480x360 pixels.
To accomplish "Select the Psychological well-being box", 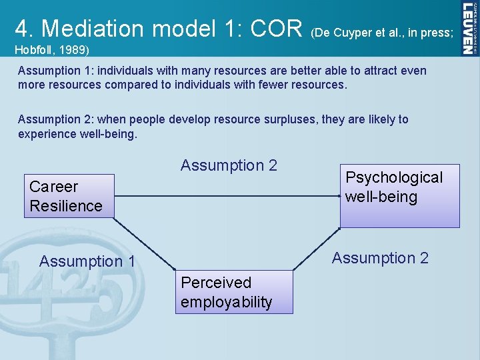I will (399, 195).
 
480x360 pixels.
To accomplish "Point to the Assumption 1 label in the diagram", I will (87, 261).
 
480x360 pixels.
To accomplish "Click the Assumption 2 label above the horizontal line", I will (229, 165).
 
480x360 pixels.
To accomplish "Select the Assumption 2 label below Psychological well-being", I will (380, 258).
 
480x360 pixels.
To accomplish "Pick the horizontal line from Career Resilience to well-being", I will (227, 196).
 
